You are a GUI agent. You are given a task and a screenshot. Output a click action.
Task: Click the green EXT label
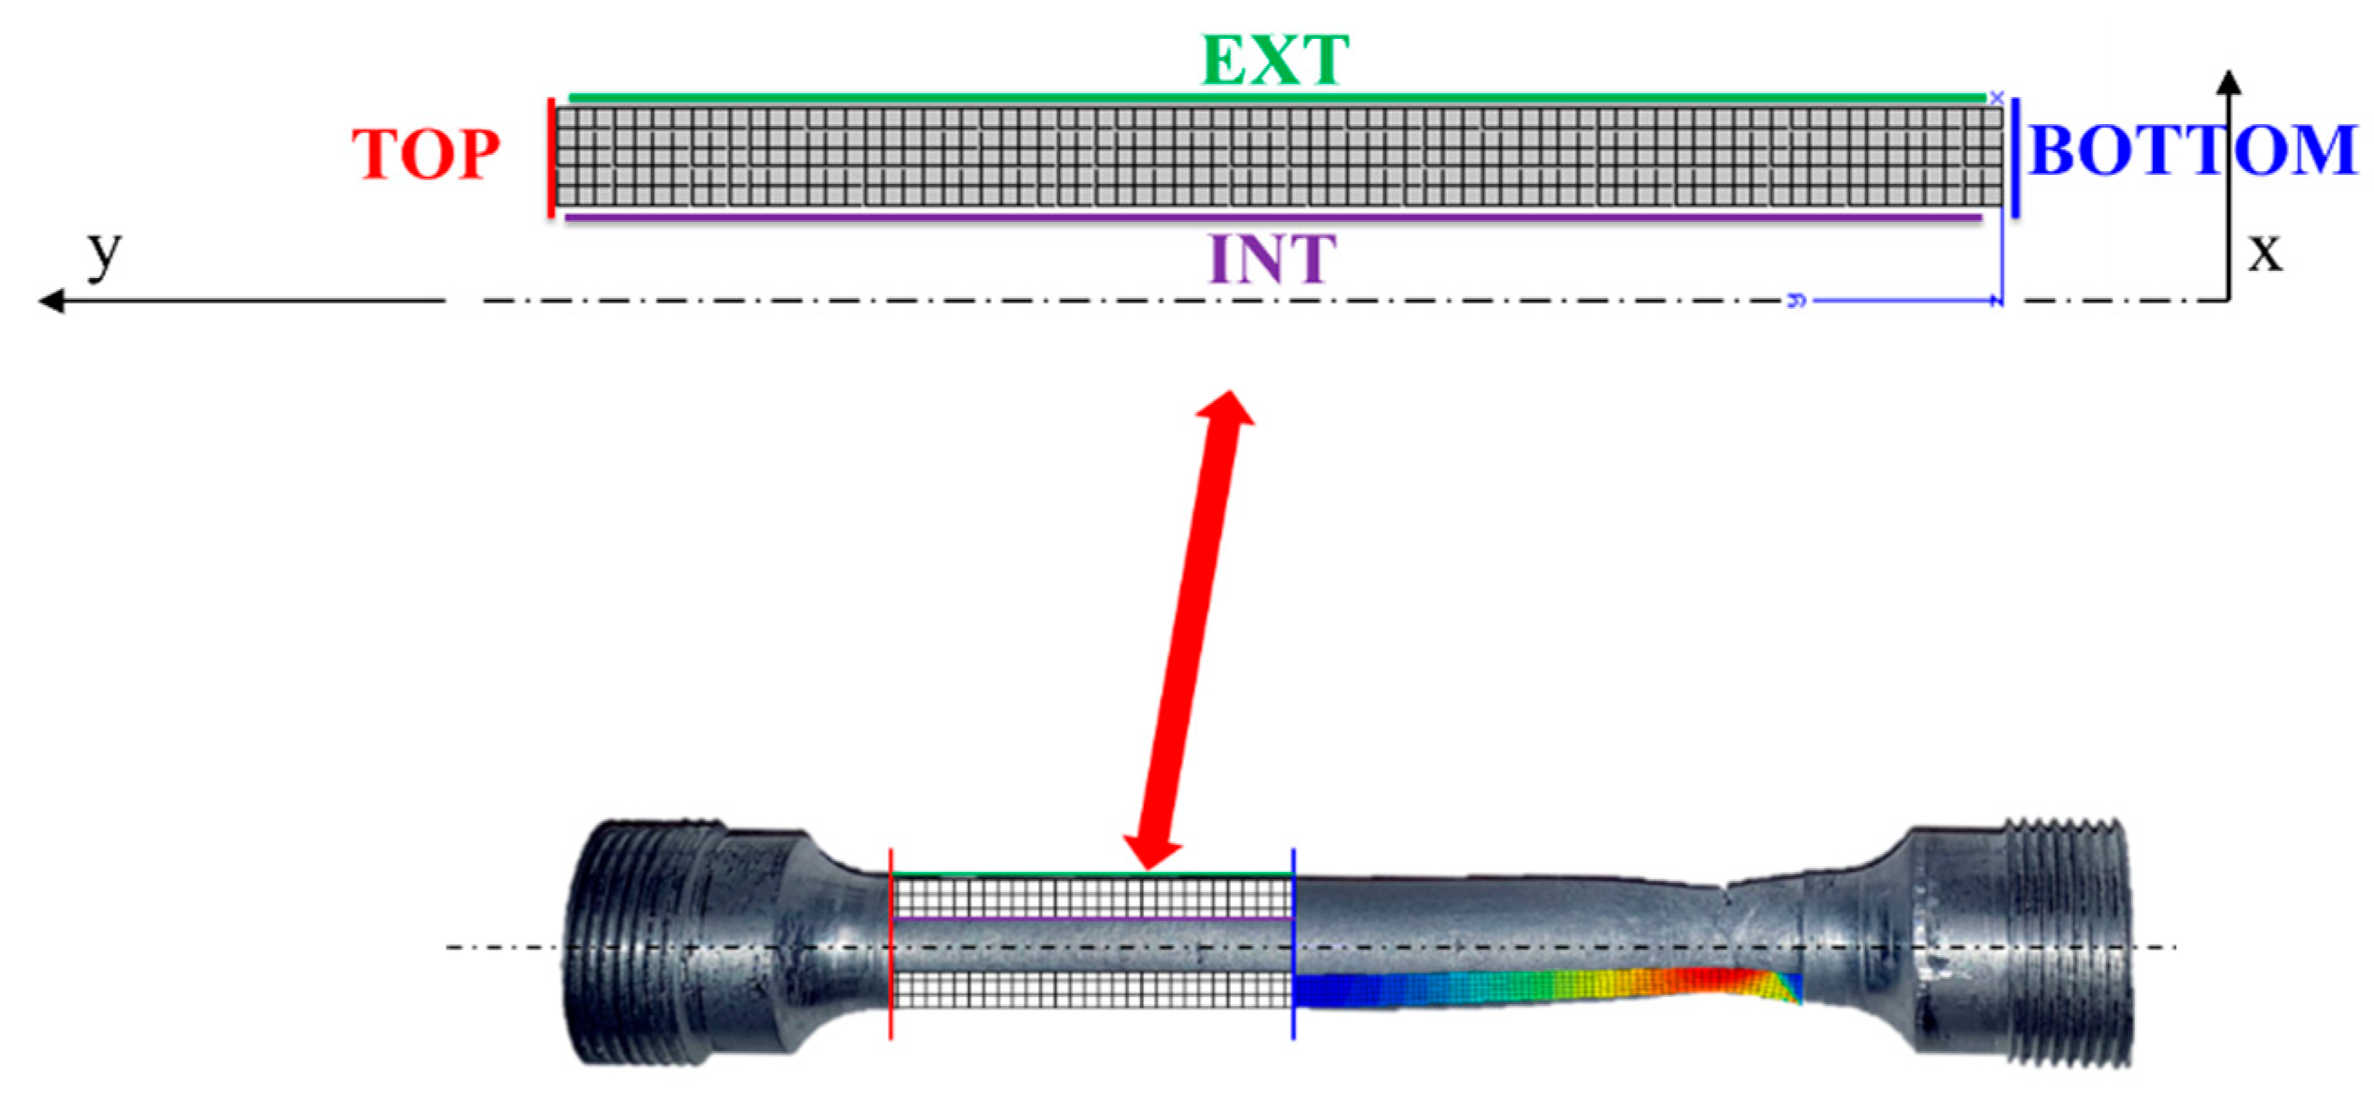[x=1275, y=61]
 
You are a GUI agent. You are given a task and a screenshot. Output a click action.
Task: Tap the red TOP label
[x=426, y=154]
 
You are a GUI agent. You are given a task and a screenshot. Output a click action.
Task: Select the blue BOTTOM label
[x=2193, y=150]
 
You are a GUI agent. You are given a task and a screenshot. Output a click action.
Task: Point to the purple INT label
[x=1273, y=259]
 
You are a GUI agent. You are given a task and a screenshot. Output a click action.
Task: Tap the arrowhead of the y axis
[x=51, y=302]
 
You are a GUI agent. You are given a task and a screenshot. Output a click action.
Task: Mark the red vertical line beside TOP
[x=551, y=158]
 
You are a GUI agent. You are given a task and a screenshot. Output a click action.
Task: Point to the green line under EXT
[x=1276, y=97]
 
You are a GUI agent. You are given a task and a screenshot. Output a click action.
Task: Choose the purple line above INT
[x=1272, y=218]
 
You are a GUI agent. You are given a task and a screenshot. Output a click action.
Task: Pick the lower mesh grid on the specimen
[x=1093, y=991]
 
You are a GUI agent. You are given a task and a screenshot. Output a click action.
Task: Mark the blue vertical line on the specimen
[x=1293, y=944]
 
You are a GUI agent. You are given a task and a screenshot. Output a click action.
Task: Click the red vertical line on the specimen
[x=890, y=944]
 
